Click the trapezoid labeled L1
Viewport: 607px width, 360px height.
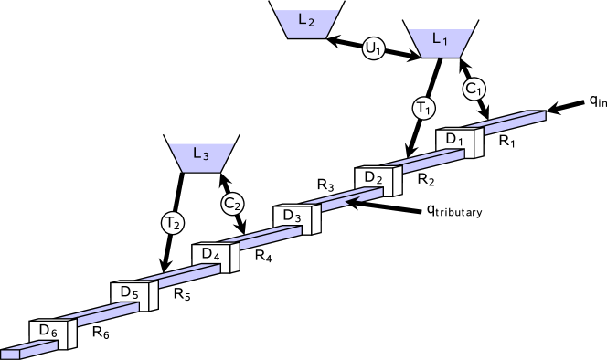[x=440, y=42]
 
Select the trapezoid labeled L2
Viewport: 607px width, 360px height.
[x=306, y=24]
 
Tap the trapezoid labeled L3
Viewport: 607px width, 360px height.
[x=201, y=156]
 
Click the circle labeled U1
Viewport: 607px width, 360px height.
[x=373, y=50]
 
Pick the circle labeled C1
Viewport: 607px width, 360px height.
[x=474, y=89]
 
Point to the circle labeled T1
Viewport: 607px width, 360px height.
[x=423, y=108]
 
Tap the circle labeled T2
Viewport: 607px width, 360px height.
[x=172, y=222]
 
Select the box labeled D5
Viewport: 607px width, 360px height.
[x=132, y=295]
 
